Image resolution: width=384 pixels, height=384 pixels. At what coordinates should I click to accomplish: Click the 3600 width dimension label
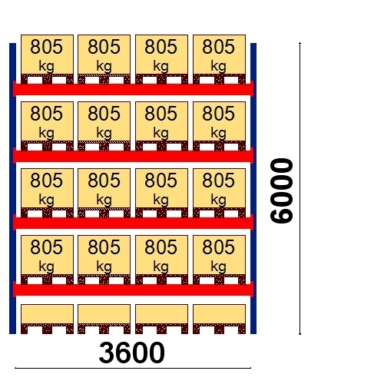pyautogui.click(x=132, y=353)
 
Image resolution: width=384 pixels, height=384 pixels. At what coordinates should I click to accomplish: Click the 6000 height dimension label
pyautogui.click(x=281, y=190)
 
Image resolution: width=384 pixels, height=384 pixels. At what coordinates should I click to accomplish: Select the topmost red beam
pyautogui.click(x=133, y=88)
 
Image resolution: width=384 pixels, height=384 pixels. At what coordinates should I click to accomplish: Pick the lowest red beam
pyautogui.click(x=133, y=289)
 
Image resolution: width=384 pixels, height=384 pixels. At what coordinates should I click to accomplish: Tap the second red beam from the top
pyautogui.click(x=133, y=155)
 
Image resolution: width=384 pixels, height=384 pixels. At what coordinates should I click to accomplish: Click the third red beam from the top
pyautogui.click(x=133, y=222)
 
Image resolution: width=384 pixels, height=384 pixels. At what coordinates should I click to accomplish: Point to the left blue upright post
pyautogui.click(x=12, y=188)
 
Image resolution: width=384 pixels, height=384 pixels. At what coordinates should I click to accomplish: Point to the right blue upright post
pyautogui.click(x=253, y=188)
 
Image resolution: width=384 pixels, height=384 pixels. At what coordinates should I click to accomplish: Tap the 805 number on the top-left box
pyautogui.click(x=47, y=47)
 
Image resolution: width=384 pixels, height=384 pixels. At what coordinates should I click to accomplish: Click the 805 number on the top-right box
pyautogui.click(x=219, y=47)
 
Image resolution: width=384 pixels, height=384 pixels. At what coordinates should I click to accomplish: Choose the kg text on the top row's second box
pyautogui.click(x=104, y=66)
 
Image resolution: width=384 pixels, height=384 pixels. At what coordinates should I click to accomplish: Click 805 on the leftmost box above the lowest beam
pyautogui.click(x=47, y=247)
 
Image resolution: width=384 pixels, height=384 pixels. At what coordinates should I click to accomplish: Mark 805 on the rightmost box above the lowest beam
pyautogui.click(x=219, y=247)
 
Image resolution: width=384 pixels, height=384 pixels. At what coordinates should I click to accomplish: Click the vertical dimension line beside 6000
pyautogui.click(x=300, y=188)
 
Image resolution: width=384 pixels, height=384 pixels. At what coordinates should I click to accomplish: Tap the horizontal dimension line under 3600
pyautogui.click(x=133, y=368)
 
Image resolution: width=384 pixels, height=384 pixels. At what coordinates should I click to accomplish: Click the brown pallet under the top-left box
pyautogui.click(x=47, y=79)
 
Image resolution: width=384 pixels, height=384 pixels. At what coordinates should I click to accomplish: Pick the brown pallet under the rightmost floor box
pyautogui.click(x=220, y=329)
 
